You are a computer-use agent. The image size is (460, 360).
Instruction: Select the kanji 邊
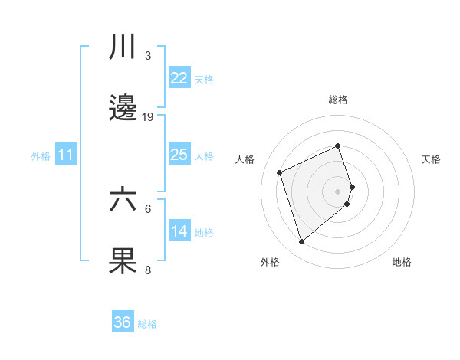pos(123,109)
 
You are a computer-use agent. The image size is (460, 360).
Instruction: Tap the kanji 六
pos(123,201)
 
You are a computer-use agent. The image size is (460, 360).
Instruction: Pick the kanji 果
pos(123,260)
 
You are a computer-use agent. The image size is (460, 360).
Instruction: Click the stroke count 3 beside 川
pos(148,56)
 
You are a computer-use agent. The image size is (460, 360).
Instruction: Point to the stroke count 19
pos(148,116)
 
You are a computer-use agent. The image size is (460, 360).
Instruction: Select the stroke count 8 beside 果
pos(148,270)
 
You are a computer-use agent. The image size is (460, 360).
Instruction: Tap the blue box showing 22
pos(179,78)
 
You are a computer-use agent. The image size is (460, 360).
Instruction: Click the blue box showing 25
pos(179,155)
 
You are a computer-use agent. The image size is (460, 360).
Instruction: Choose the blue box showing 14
pos(179,231)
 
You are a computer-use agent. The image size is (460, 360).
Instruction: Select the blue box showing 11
pos(66,155)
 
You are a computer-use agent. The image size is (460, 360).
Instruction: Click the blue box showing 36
pos(123,322)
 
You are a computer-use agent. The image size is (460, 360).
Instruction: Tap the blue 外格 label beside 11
pos(41,156)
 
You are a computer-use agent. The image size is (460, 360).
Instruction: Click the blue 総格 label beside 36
pos(147,324)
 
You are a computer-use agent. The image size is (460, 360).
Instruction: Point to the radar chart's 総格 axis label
pos(338,100)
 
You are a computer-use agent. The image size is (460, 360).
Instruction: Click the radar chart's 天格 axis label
pos(432,159)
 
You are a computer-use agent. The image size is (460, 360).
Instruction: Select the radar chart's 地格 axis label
pos(402,262)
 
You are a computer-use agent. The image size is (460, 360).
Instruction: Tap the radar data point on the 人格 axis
pos(280,172)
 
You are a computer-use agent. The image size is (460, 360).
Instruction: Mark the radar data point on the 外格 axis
pos(302,242)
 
